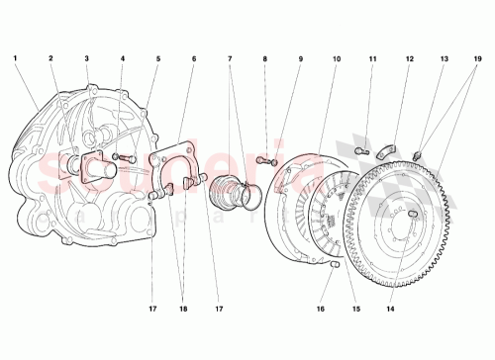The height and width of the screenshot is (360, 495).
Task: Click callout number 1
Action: pyautogui.click(x=16, y=59)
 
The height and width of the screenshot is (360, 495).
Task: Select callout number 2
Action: pyautogui.click(x=51, y=59)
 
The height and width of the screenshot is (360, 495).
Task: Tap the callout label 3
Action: pyautogui.click(x=87, y=59)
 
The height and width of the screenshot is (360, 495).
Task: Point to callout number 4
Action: pyautogui.click(x=123, y=59)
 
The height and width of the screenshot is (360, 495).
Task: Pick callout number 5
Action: pyautogui.click(x=157, y=59)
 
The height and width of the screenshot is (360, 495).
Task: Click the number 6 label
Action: pyautogui.click(x=194, y=59)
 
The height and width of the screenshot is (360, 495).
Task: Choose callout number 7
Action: pyautogui.click(x=229, y=59)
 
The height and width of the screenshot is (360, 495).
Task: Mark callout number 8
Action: pyautogui.click(x=265, y=59)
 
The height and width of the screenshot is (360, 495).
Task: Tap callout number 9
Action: pyautogui.click(x=301, y=59)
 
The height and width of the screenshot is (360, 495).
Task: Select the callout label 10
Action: pyautogui.click(x=337, y=59)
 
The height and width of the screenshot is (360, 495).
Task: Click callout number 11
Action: pyautogui.click(x=372, y=59)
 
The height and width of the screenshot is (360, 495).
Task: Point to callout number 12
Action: pyautogui.click(x=408, y=59)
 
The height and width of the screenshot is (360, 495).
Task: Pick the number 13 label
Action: pyautogui.click(x=445, y=59)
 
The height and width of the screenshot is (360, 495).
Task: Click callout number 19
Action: pyautogui.click(x=480, y=59)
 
